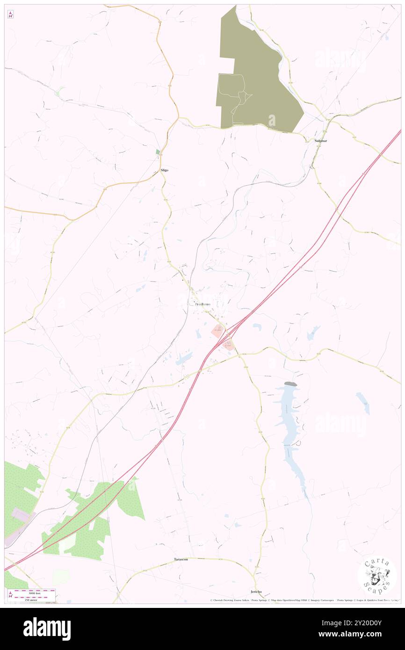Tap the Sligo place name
point(164,170)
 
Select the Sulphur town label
point(320,140)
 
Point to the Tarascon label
point(181,559)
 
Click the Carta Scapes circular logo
point(377,575)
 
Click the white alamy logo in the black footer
point(47,629)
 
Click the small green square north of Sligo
point(158,152)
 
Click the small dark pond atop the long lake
point(290,384)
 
